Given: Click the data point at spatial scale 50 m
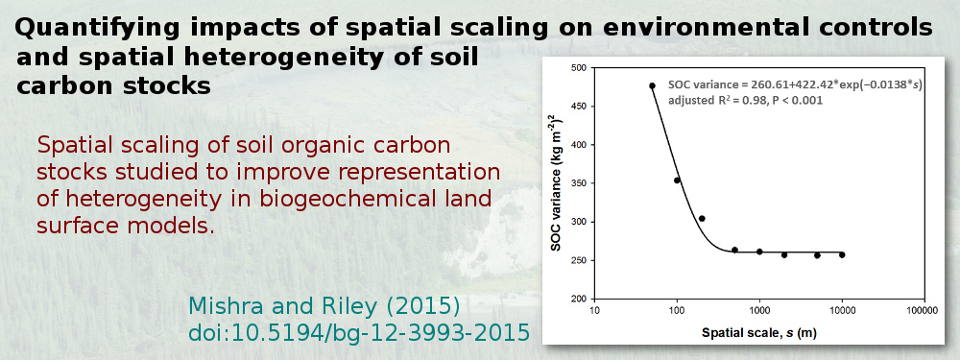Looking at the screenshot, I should pos(652,86).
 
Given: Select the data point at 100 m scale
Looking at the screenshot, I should pos(677,180).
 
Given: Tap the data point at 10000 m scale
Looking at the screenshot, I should pos(842,254).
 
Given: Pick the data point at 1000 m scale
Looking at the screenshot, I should pos(759,252).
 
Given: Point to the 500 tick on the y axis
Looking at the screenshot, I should pos(577,68).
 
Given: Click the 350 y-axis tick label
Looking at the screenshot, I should pos(577,183).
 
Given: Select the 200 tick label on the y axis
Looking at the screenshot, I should pos(577,299).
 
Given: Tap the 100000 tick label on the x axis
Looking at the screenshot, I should pos(923,310).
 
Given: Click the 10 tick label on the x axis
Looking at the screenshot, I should pos(594,310).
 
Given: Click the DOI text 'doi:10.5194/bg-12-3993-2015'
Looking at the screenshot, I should pos(359,332).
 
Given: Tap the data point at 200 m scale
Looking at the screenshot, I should pos(702,219).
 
